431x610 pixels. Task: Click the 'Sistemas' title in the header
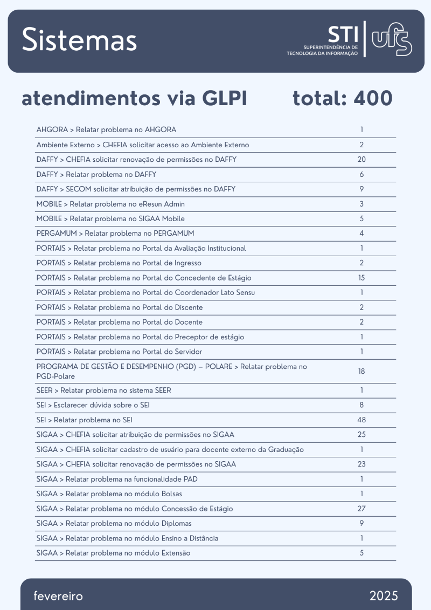click(x=80, y=40)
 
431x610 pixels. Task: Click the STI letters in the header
click(x=343, y=35)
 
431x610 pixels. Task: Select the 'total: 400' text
click(x=343, y=99)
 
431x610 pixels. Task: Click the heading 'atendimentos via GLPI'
click(x=134, y=99)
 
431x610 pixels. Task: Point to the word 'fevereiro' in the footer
click(x=58, y=596)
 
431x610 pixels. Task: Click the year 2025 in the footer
click(x=384, y=596)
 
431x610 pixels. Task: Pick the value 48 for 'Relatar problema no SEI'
click(x=362, y=420)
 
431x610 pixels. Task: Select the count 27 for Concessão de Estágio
click(x=362, y=509)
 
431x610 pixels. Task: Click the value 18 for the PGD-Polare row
click(x=362, y=372)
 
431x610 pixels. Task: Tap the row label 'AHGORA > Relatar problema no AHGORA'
click(x=106, y=130)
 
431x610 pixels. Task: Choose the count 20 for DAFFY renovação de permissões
click(x=362, y=160)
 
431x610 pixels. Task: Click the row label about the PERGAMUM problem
click(x=115, y=234)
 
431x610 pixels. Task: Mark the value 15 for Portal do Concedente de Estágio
click(x=362, y=278)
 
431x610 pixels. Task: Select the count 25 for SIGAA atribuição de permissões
click(x=362, y=435)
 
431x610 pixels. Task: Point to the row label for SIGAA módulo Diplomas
click(x=114, y=523)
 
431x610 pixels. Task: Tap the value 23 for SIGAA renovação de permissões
click(x=362, y=464)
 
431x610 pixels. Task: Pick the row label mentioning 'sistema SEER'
click(x=103, y=390)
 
